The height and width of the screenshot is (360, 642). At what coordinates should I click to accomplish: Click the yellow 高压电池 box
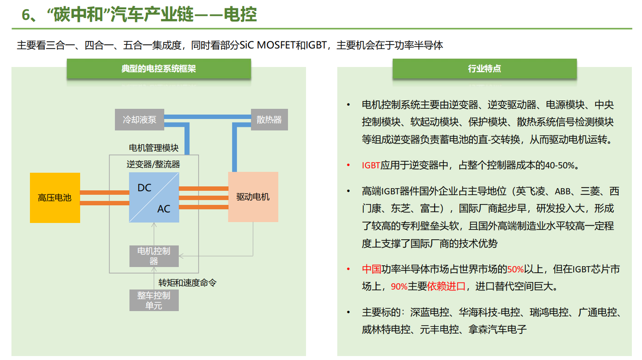pyautogui.click(x=55, y=197)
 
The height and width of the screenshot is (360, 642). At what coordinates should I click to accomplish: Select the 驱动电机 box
pyautogui.click(x=253, y=197)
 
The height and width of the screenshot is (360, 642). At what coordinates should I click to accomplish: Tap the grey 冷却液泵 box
pyautogui.click(x=139, y=119)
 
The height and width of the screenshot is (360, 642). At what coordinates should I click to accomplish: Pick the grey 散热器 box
pyautogui.click(x=269, y=119)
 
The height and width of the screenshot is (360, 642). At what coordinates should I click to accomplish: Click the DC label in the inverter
pyautogui.click(x=144, y=188)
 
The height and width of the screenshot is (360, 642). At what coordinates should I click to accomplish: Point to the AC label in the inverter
pyautogui.click(x=164, y=209)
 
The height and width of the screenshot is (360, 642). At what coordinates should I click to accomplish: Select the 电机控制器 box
pyautogui.click(x=154, y=256)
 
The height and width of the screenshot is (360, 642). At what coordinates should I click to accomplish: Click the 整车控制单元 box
pyautogui.click(x=154, y=300)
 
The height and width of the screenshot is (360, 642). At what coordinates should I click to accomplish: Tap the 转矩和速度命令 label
pyautogui.click(x=188, y=282)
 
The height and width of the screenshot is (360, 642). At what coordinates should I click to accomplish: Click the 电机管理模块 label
pyautogui.click(x=154, y=148)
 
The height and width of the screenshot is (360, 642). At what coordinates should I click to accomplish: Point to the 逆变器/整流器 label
pyautogui.click(x=153, y=164)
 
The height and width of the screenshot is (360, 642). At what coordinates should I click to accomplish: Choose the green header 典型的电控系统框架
pyautogui.click(x=159, y=69)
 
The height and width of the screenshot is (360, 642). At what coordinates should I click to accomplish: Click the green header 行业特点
pyautogui.click(x=484, y=69)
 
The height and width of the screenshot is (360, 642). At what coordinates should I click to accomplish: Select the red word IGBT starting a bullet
pyautogui.click(x=371, y=165)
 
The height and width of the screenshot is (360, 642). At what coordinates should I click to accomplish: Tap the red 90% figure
pyautogui.click(x=399, y=286)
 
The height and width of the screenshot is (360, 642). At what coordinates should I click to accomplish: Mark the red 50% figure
pyautogui.click(x=515, y=269)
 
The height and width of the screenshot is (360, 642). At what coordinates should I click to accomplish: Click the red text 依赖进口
pyautogui.click(x=446, y=286)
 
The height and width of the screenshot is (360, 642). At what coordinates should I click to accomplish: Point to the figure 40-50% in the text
pyautogui.click(x=560, y=165)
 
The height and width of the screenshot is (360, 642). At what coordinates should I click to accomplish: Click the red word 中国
pyautogui.click(x=371, y=269)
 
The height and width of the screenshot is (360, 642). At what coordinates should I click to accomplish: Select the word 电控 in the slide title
pyautogui.click(x=240, y=15)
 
